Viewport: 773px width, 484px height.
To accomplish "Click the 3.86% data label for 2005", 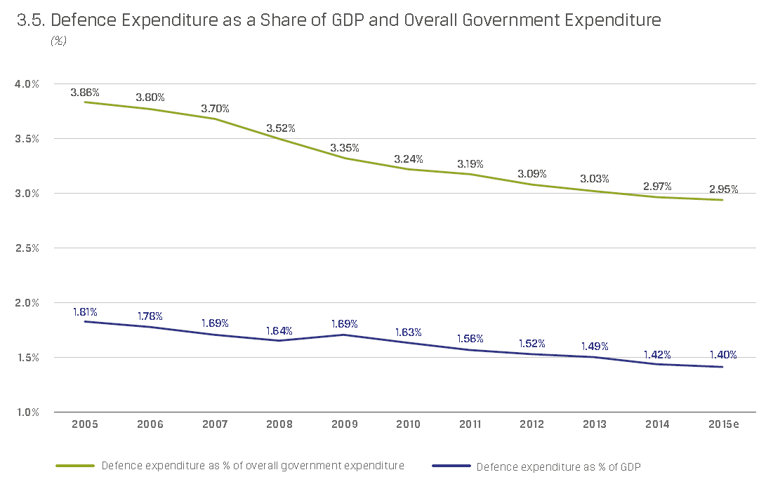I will click(x=85, y=92).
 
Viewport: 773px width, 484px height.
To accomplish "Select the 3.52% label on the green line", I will click(x=280, y=128).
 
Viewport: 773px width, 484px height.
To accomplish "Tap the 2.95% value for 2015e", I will click(x=723, y=189).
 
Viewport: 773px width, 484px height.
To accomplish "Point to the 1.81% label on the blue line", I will click(x=85, y=311).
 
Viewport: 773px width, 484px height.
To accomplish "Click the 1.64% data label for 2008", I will click(x=280, y=330).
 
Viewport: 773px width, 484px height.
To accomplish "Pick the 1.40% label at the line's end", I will click(x=723, y=355).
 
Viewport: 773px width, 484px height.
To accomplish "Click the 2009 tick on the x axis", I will click(x=345, y=424).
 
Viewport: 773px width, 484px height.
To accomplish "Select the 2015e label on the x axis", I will click(x=724, y=424).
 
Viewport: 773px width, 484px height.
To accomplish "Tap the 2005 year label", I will click(x=85, y=424).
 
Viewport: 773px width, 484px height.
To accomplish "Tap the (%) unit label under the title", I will click(x=58, y=41).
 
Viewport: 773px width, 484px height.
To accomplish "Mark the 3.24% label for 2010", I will click(x=408, y=159).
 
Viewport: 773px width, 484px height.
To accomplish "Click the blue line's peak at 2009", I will click(x=345, y=335).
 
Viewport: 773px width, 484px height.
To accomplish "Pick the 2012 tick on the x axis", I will click(x=533, y=424).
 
